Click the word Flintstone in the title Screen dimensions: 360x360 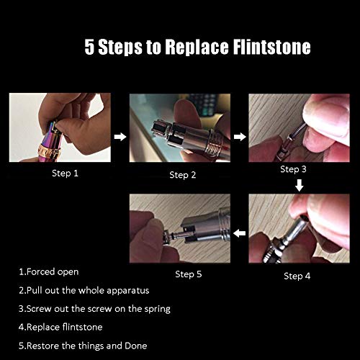(x=272, y=47)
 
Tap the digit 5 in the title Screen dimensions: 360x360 (x=89, y=47)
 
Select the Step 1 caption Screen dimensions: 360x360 (x=65, y=174)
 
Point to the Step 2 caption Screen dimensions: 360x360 (x=183, y=175)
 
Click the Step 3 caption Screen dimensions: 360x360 (x=293, y=169)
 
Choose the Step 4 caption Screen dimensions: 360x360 (x=297, y=276)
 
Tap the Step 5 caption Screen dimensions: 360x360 (x=189, y=274)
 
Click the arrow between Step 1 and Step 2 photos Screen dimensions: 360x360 (x=120, y=137)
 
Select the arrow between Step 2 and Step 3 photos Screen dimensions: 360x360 (x=240, y=137)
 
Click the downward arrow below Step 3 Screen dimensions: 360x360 (x=299, y=185)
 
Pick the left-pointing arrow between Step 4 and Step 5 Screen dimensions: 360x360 (x=240, y=233)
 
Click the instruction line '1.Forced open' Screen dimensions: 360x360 (x=49, y=272)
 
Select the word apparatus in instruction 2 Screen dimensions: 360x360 (x=128, y=291)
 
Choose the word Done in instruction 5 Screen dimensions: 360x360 (x=136, y=346)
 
